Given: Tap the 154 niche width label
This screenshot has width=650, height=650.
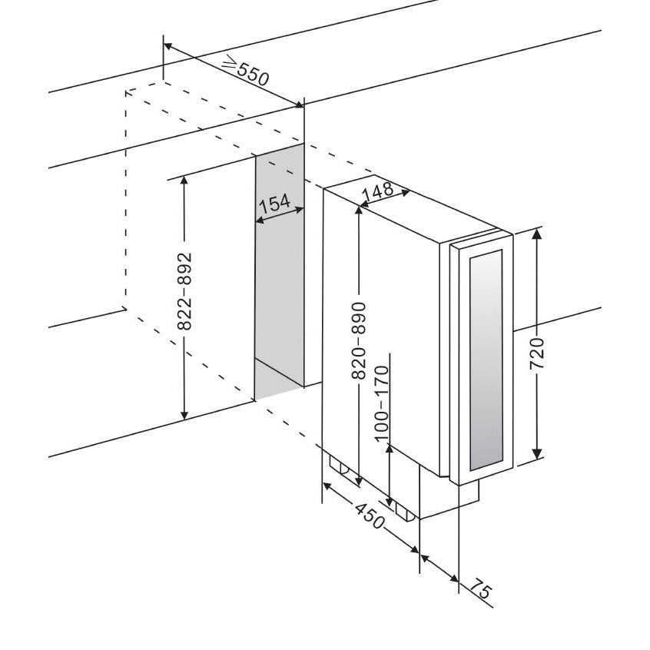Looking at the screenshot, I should pos(274,204).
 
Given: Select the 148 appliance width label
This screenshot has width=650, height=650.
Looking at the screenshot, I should pos(378,192).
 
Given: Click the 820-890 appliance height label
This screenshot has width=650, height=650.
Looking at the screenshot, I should pos(359,340).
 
